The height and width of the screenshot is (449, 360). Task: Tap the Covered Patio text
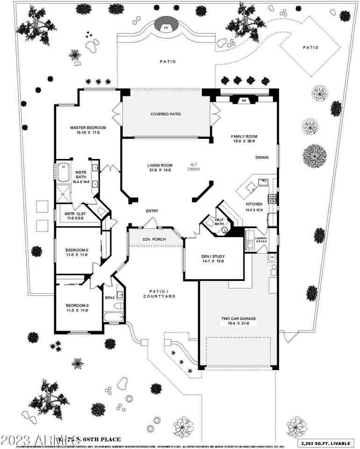[x=166, y=114]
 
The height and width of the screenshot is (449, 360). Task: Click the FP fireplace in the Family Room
[x=244, y=100]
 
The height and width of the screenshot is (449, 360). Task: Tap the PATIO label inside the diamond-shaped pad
[x=310, y=47]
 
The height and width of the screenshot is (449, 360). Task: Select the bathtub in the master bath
[x=63, y=172]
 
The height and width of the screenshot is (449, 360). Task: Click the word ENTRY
[x=152, y=211]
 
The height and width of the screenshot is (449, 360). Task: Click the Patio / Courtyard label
[x=159, y=293]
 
